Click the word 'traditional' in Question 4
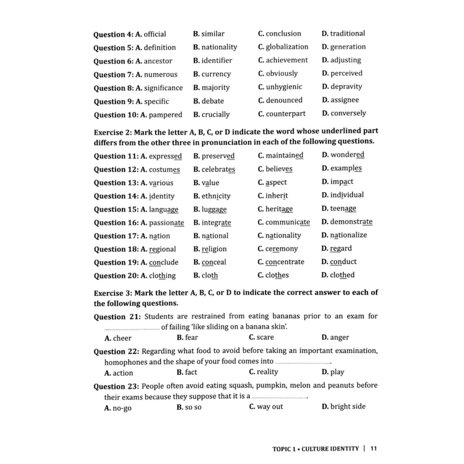(x=347, y=34)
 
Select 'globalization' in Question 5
(x=287, y=47)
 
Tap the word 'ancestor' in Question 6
(x=158, y=61)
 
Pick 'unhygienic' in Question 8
(x=284, y=87)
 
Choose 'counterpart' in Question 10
(x=285, y=114)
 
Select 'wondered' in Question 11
(x=347, y=155)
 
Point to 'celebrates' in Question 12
(x=218, y=169)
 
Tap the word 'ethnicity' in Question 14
(x=216, y=196)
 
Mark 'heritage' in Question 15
(x=279, y=209)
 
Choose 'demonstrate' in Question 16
(x=351, y=222)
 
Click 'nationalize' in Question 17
(x=348, y=235)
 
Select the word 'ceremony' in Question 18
(x=281, y=249)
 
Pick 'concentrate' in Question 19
(x=285, y=262)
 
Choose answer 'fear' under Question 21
(x=191, y=338)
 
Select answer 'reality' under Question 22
(x=267, y=372)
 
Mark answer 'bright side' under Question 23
(x=348, y=406)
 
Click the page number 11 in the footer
(x=374, y=449)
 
